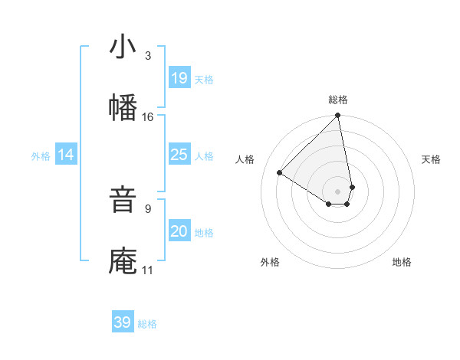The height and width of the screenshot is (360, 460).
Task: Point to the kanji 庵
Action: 123,260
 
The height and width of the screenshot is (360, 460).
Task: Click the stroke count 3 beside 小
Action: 147,56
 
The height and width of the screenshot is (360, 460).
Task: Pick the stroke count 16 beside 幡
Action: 147,116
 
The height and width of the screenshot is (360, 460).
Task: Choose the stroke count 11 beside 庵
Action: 147,270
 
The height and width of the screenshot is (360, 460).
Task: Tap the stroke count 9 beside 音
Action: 147,208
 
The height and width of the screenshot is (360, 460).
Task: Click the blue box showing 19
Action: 179,78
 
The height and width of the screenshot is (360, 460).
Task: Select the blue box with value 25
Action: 179,155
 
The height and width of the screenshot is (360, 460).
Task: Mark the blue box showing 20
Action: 179,231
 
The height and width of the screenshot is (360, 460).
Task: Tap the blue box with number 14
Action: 66,155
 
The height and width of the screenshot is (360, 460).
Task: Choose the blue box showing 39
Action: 122,322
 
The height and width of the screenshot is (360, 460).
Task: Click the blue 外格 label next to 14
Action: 41,156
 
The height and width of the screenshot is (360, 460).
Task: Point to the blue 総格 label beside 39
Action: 147,324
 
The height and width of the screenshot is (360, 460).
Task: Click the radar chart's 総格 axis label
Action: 338,100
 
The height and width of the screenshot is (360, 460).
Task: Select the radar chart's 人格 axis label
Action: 245,159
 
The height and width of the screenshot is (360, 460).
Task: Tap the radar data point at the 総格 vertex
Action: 338,116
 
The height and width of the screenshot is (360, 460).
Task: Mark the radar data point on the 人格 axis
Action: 280,172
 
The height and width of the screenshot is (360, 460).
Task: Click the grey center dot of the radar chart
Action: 338,191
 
